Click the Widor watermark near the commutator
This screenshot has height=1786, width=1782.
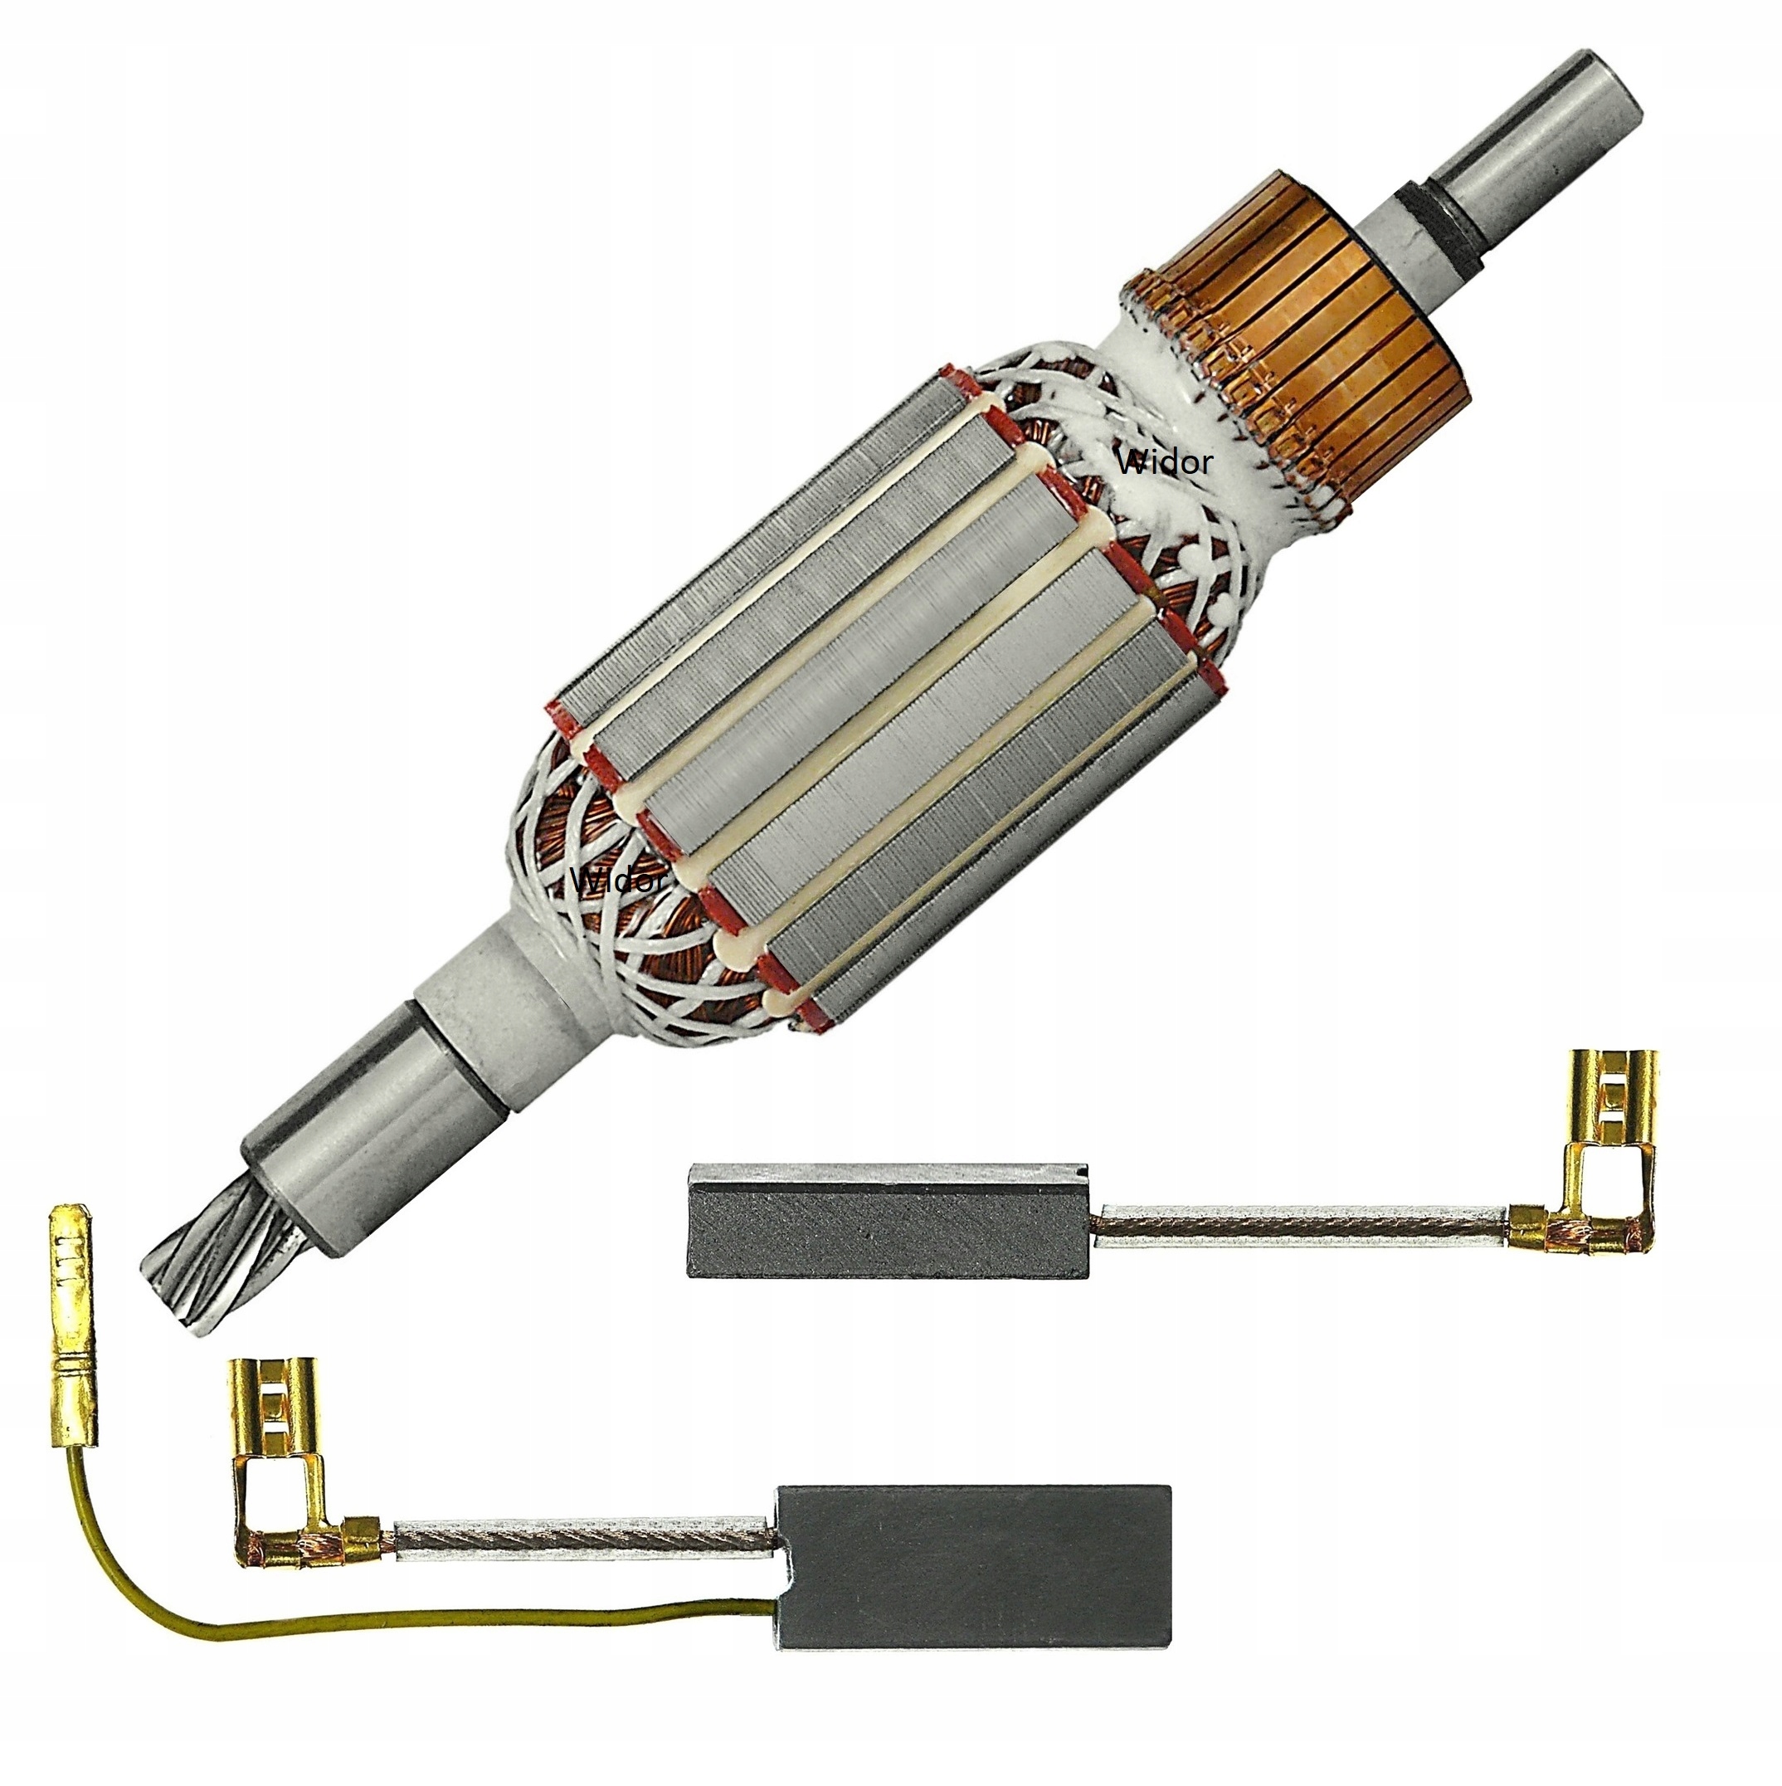point(1164,461)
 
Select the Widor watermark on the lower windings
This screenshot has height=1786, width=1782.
point(618,880)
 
